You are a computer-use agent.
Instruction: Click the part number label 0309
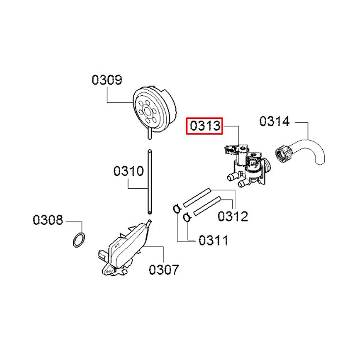tap(107, 80)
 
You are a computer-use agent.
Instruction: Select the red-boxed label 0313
tap(204, 126)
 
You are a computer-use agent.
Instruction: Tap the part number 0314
tap(275, 121)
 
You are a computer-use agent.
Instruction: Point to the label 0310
tap(129, 171)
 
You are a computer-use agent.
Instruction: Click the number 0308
tap(48, 220)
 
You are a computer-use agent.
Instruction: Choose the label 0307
tap(164, 270)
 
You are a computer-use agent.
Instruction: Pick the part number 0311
tap(213, 240)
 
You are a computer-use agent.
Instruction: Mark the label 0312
tap(233, 216)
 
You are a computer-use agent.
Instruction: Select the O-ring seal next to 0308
tap(79, 240)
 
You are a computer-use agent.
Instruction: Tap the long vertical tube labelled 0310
tap(150, 182)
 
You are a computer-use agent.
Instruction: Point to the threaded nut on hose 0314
tap(283, 155)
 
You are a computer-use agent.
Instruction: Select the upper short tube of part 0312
tap(197, 198)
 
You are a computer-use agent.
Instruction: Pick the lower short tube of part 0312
tap(207, 206)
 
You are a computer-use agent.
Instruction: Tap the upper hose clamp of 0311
tap(177, 209)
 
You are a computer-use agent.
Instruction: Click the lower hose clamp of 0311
tap(187, 217)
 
